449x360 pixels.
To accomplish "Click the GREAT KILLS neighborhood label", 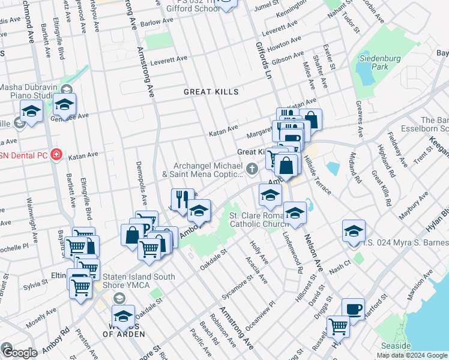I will [211, 92].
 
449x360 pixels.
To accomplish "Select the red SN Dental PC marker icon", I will [56, 155].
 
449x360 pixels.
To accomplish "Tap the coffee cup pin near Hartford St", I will [353, 310].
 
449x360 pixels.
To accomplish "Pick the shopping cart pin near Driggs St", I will [338, 327].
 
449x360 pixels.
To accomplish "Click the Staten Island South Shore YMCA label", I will [137, 281].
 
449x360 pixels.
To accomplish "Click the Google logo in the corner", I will [19, 353].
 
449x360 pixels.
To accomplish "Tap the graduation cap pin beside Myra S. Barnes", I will [354, 232].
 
